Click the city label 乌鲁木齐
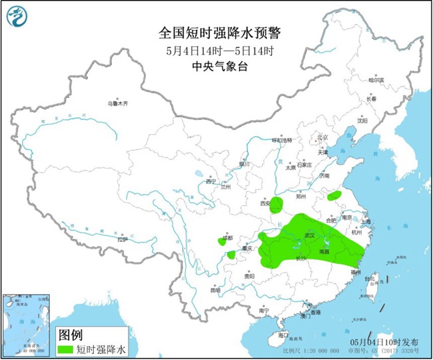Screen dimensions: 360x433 [x=117, y=104]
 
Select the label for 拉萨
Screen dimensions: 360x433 [x=121, y=239]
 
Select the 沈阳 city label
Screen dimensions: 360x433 [x=362, y=121]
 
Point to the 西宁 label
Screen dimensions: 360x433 [x=211, y=181]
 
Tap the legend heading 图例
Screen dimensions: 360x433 [x=70, y=334]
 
